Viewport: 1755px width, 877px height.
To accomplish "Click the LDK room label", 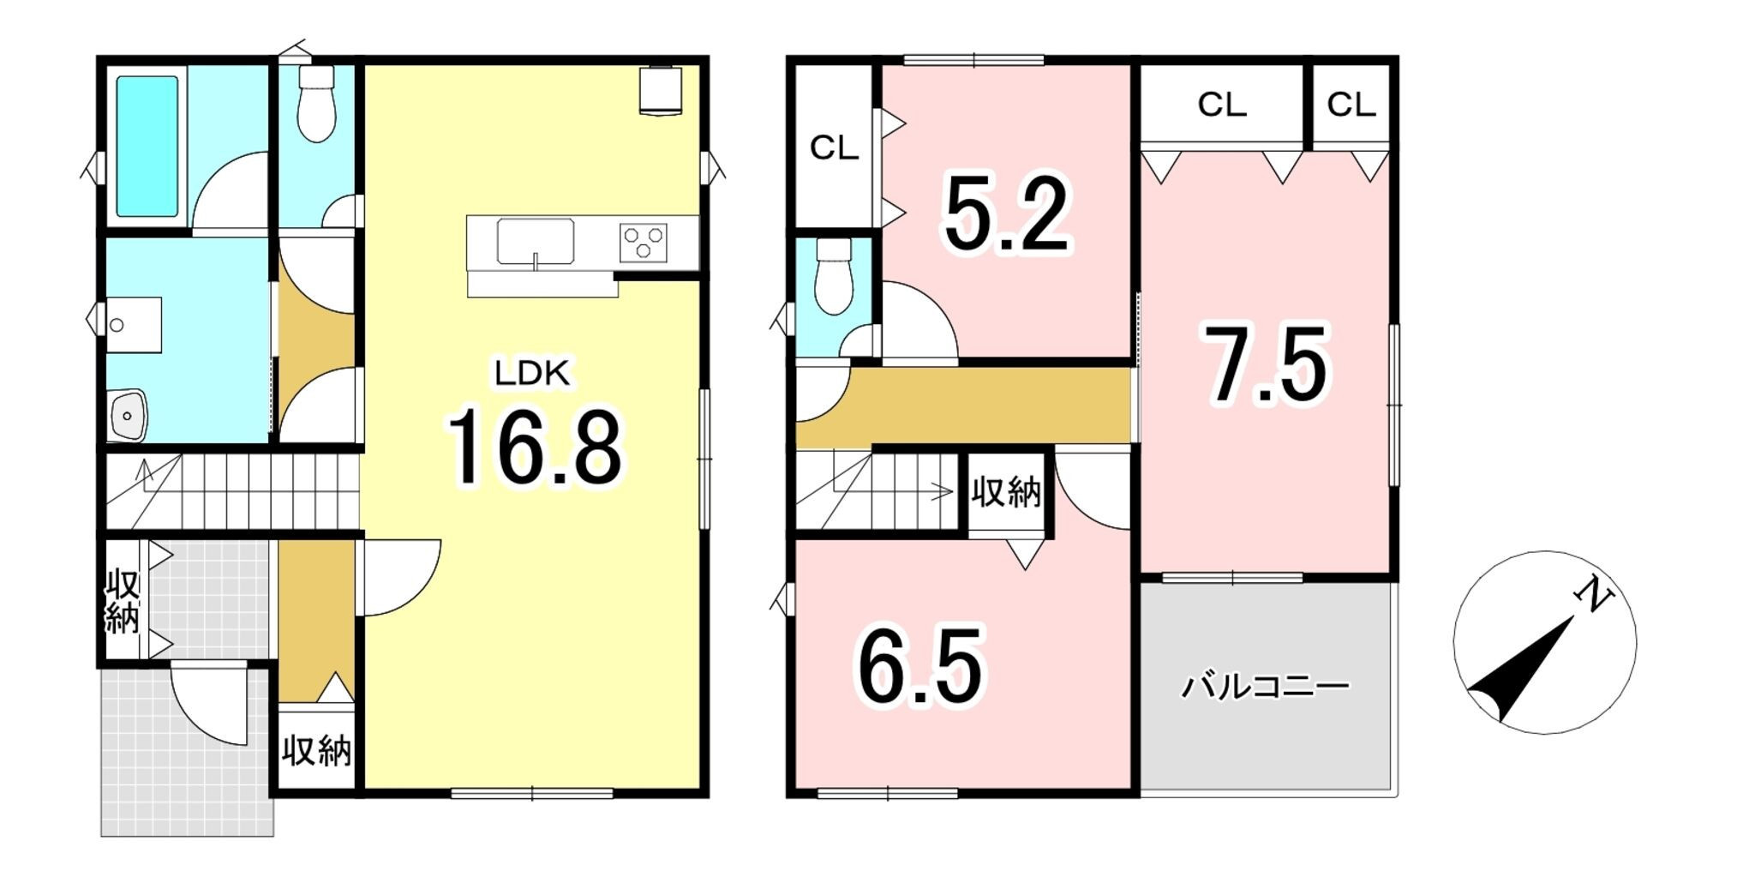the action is [531, 374].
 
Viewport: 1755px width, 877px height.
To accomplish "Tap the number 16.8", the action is [535, 448].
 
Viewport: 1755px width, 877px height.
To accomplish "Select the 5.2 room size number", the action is [1007, 214].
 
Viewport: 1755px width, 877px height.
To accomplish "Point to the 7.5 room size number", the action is [1267, 364].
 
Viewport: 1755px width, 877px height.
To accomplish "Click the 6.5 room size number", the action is [920, 666].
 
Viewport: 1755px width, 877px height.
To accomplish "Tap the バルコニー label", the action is [1266, 687].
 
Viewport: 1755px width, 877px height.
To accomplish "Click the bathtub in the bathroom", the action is [147, 147].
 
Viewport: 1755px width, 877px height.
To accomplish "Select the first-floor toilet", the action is [316, 103].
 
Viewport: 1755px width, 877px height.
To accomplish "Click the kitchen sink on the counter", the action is [536, 242].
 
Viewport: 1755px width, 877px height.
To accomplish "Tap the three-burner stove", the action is [643, 243].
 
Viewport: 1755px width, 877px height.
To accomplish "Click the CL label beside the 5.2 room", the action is [834, 148].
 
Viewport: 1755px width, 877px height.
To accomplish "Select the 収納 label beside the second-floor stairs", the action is [1006, 493].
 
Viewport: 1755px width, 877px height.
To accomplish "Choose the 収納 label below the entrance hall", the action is [316, 751].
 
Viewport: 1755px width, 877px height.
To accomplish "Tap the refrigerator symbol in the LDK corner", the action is [660, 89].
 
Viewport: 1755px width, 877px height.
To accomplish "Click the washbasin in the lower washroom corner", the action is [128, 415].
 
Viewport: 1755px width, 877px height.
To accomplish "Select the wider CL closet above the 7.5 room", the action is [1221, 105].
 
